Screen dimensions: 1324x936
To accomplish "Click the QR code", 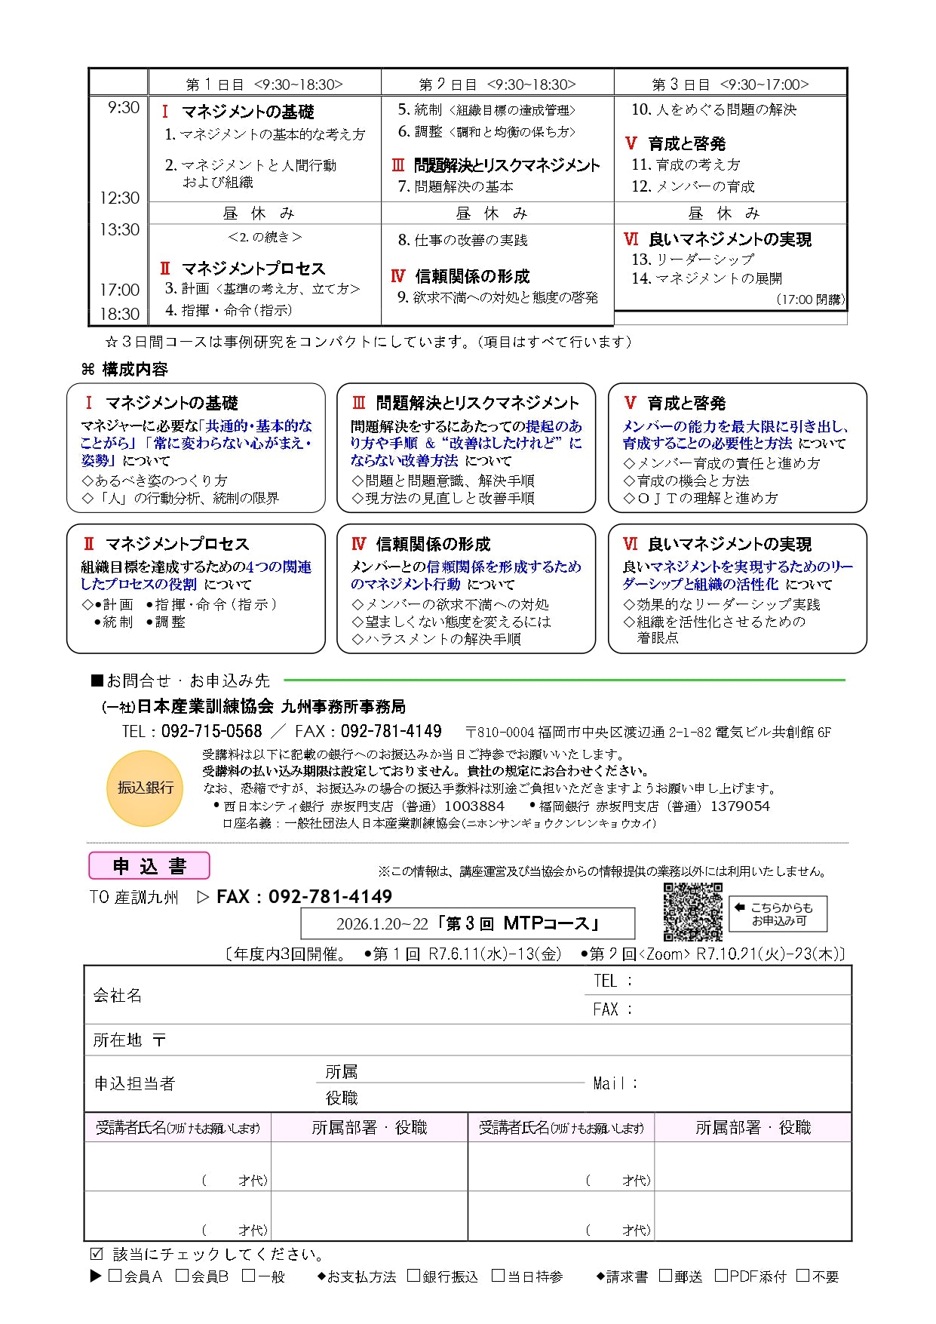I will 692,911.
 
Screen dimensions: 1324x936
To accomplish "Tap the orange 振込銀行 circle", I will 146,788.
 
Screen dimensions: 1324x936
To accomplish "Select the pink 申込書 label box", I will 149,865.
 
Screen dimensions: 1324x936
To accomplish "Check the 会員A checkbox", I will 115,1276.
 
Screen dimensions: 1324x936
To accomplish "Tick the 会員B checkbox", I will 182,1276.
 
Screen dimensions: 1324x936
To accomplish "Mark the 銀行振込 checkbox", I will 413,1276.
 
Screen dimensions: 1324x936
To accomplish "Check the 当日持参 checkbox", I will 498,1276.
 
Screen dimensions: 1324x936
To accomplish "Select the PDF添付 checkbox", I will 721,1276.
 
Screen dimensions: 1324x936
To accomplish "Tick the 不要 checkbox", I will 803,1276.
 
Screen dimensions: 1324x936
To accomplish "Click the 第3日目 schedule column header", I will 730,84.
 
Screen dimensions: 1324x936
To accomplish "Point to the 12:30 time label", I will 120,198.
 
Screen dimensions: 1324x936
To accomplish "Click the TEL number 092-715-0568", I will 211,731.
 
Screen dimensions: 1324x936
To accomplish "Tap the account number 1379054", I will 740,806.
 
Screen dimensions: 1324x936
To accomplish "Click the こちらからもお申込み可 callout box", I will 778,914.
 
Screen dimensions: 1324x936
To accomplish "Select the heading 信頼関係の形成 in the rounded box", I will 433,544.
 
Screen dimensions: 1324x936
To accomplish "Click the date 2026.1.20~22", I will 382,924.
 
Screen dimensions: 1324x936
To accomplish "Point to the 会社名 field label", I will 118,995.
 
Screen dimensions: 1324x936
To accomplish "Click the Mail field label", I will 614,1083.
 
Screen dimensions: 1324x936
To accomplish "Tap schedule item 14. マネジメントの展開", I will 707,278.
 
